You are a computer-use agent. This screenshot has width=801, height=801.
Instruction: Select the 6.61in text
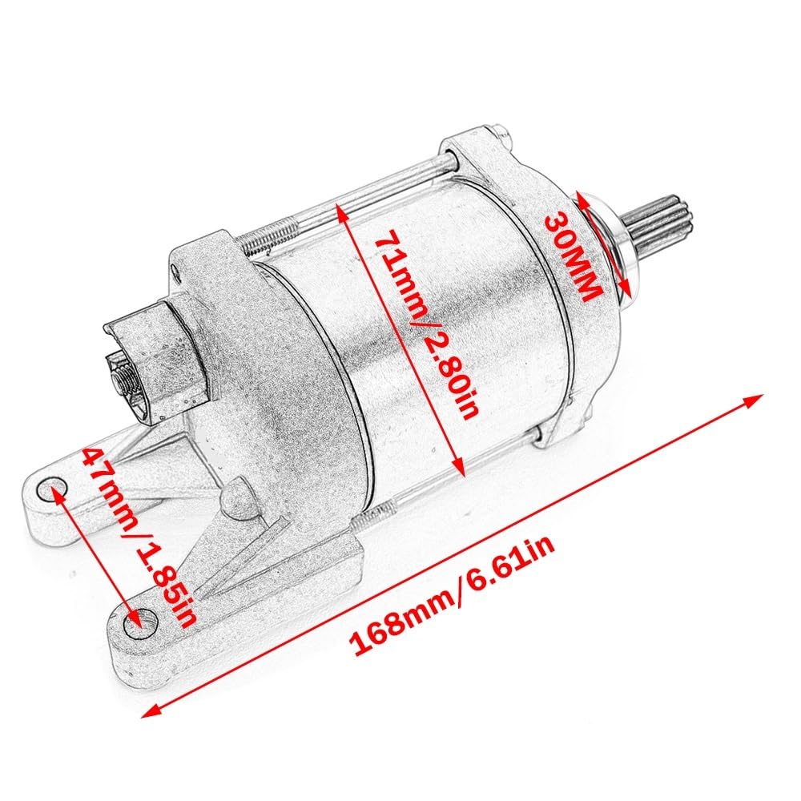click(513, 561)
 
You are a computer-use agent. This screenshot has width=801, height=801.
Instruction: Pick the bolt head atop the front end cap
click(499, 132)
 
